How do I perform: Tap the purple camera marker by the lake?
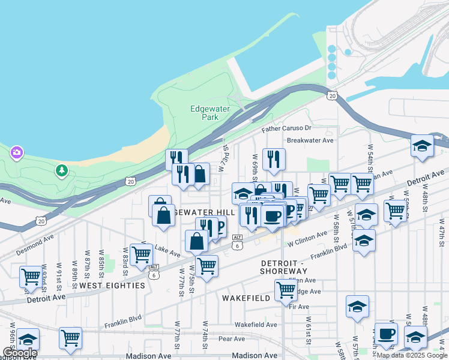point(16,152)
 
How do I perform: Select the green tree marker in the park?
point(61,172)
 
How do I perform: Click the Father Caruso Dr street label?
point(286,128)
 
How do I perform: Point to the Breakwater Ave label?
point(310,140)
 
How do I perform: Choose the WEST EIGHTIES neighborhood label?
point(112,286)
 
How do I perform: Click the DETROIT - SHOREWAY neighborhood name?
point(285,268)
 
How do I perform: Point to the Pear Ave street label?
point(232,339)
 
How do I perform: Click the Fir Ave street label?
point(298,307)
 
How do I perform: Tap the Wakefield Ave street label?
point(256,325)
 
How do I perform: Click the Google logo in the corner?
point(20,352)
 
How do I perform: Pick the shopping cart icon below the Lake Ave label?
point(206,265)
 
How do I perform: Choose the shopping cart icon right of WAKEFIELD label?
point(286,290)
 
